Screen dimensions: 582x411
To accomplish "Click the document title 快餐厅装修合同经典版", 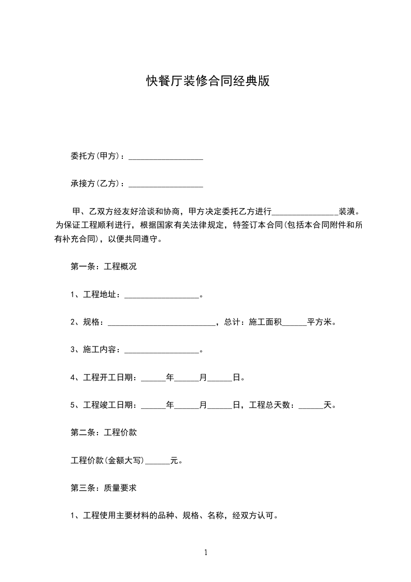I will [x=208, y=81].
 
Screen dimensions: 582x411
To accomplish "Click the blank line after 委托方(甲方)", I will [x=165, y=157].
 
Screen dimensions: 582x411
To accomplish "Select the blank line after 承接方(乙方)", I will [x=165, y=184].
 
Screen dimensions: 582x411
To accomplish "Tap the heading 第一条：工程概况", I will [x=103, y=267].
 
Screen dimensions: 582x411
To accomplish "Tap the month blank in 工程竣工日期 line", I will [x=187, y=406].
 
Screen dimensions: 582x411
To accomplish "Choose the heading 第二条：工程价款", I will [x=103, y=432].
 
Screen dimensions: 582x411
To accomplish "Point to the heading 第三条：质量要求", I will [x=103, y=488].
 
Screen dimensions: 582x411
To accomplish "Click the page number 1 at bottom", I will [x=206, y=553].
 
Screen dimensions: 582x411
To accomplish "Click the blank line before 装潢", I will [x=305, y=213].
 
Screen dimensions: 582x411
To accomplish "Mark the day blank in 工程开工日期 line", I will [x=220, y=378].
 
